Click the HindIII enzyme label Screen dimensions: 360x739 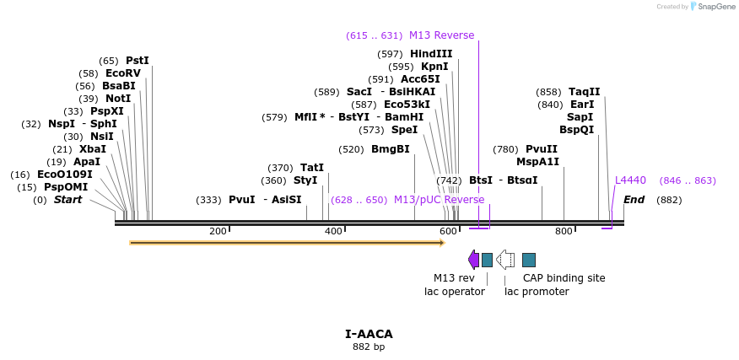(431, 54)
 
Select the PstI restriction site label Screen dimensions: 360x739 (137, 61)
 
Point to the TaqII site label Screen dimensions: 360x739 (584, 92)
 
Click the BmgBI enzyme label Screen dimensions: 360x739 (390, 149)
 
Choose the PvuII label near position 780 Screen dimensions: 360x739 (541, 149)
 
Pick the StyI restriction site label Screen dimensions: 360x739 (305, 180)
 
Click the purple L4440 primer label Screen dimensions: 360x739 (630, 180)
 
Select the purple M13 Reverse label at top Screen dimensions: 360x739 (441, 35)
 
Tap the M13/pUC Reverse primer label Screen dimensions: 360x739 (439, 200)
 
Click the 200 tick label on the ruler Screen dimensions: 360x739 (218, 231)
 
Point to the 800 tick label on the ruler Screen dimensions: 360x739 (564, 231)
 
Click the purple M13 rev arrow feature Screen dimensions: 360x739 (473, 260)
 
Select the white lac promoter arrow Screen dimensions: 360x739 (505, 260)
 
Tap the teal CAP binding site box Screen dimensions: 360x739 (529, 260)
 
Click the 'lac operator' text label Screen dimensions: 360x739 (454, 292)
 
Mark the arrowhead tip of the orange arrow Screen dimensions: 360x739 (443, 243)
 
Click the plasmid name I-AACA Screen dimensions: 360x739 (369, 334)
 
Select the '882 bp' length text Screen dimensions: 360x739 (369, 347)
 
